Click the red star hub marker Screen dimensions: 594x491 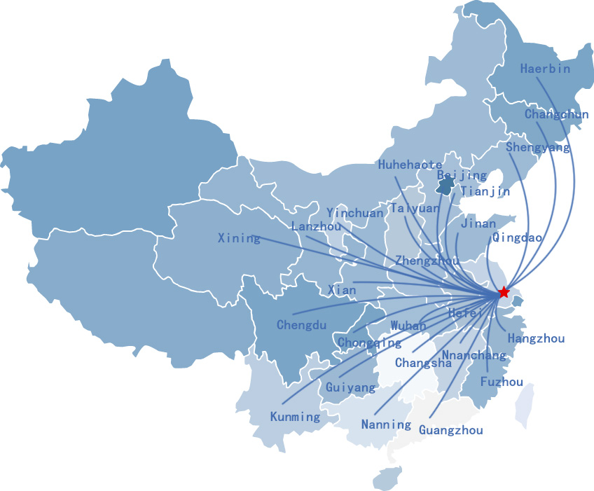click(504, 292)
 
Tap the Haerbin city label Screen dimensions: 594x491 click(545, 69)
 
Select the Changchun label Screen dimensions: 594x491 click(556, 114)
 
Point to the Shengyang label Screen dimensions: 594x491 click(537, 147)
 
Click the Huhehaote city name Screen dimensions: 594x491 click(410, 165)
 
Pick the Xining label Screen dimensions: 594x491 click(239, 238)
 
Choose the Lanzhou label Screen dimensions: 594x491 click(316, 226)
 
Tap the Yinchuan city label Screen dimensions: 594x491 click(355, 213)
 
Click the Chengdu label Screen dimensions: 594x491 click(301, 325)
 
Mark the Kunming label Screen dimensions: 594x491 click(295, 417)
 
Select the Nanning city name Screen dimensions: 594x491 click(386, 424)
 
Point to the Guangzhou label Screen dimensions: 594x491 click(451, 430)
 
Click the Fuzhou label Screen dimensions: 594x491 click(502, 382)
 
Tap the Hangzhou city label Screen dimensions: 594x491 click(536, 338)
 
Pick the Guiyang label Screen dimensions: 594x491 click(351, 387)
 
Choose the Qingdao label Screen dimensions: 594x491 click(517, 237)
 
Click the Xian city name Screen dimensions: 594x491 click(342, 290)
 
